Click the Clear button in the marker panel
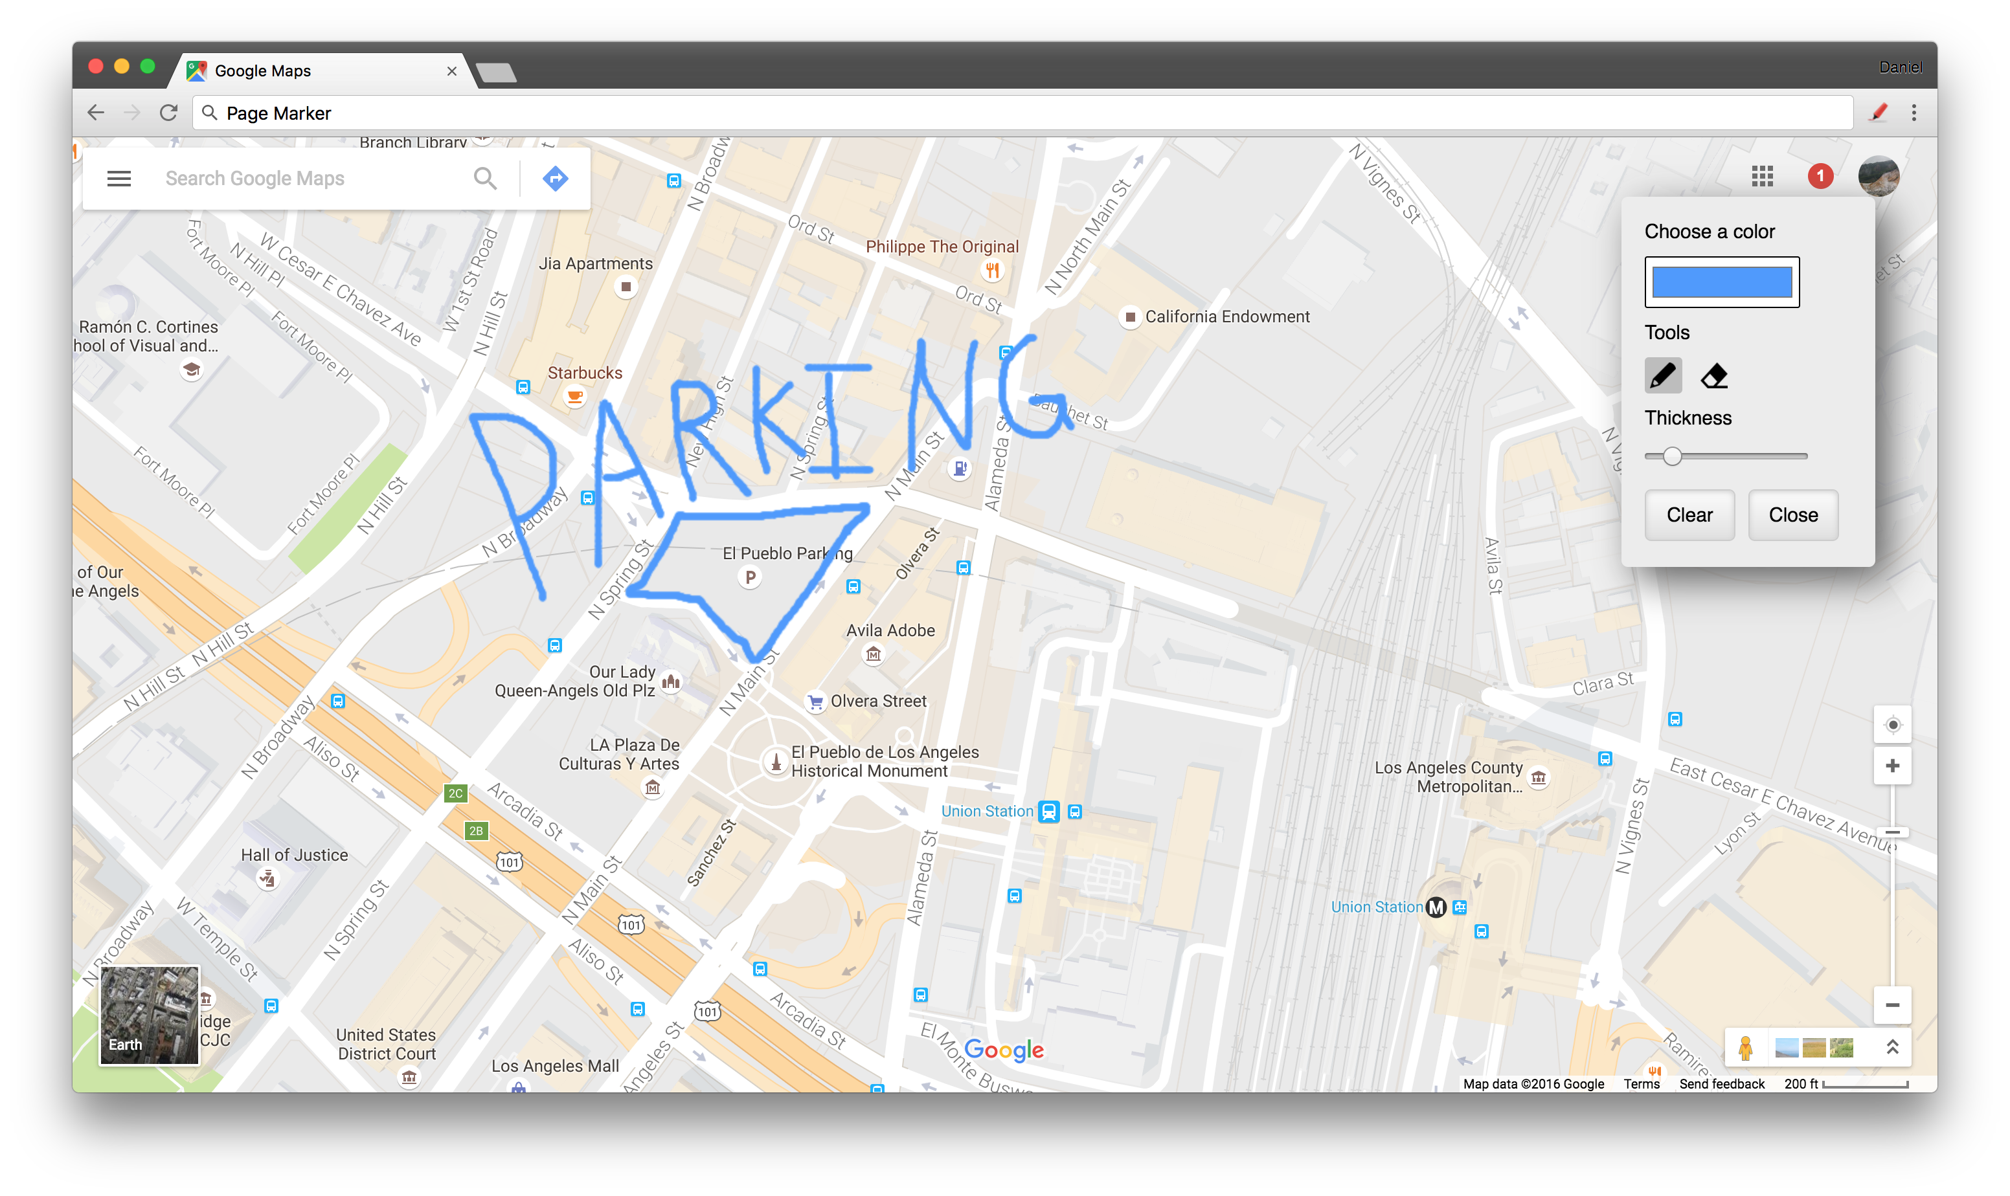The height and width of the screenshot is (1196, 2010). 1689,515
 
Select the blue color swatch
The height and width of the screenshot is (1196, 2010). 1721,282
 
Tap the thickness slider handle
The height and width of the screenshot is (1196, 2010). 1672,456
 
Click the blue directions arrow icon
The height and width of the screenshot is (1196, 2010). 555,178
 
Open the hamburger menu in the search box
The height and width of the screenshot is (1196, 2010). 119,178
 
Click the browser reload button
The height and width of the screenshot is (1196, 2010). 168,113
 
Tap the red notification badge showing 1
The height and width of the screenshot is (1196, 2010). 1820,175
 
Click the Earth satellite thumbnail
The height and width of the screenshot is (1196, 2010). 149,1015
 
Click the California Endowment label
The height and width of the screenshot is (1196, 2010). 1226,316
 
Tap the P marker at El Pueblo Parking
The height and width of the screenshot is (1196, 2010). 750,577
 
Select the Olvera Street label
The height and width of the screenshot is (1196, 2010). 878,701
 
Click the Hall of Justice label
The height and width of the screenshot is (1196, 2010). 294,855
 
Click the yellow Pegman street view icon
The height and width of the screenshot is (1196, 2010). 1745,1048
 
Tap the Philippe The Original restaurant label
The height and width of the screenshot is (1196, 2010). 942,247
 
